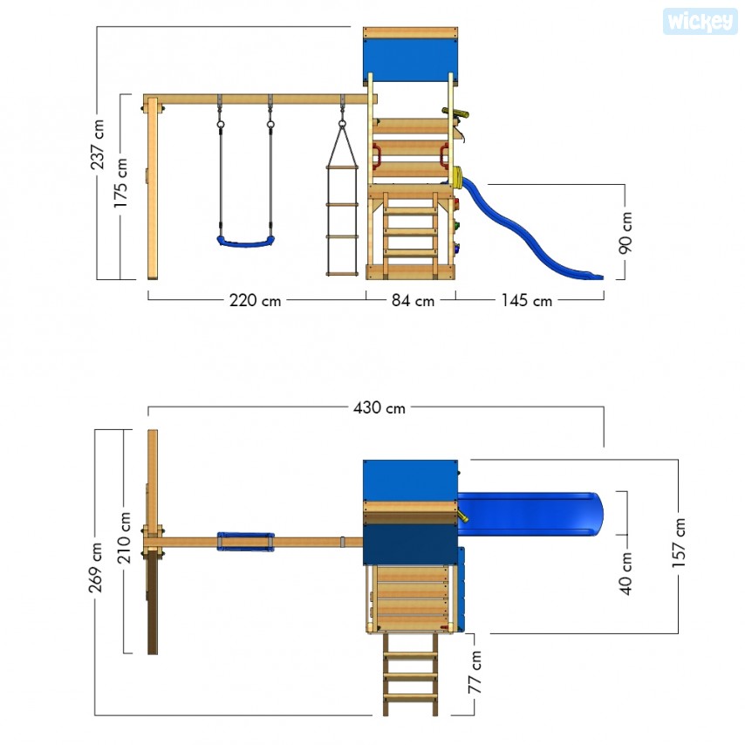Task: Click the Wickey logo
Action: [x=700, y=22]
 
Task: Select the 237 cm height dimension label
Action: [x=98, y=145]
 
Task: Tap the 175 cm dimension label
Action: [x=120, y=182]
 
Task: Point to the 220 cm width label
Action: [x=255, y=300]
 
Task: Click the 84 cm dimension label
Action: [x=413, y=300]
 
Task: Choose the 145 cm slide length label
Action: [x=526, y=300]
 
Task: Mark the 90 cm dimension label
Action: [x=625, y=233]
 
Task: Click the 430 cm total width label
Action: [x=379, y=407]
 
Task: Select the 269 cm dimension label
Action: [x=95, y=567]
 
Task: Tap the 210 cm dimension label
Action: [x=124, y=537]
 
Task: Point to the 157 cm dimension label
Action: [x=679, y=542]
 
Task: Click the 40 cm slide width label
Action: [x=625, y=573]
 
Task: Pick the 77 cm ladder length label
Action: [x=475, y=672]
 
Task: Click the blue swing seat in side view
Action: [x=246, y=243]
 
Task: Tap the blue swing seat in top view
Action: [x=246, y=542]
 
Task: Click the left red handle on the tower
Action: [x=376, y=156]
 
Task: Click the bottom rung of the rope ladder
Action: [x=342, y=274]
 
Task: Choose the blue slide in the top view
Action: [x=530, y=514]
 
